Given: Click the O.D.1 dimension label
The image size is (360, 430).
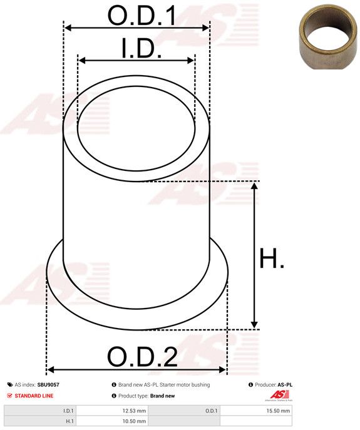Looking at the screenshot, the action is click(x=141, y=15).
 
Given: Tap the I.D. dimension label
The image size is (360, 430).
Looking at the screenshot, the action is click(x=141, y=48).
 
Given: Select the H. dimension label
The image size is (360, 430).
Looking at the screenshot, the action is click(x=272, y=258).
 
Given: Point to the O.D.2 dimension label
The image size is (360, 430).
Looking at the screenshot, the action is click(x=142, y=357).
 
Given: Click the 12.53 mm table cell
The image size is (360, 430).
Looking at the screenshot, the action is click(x=112, y=411).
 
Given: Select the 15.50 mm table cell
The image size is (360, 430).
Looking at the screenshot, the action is click(x=256, y=411).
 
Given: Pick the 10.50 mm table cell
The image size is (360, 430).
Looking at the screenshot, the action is click(x=112, y=421).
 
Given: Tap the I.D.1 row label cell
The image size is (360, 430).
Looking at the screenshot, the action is click(x=40, y=411).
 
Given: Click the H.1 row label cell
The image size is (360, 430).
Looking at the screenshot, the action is click(x=40, y=421).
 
